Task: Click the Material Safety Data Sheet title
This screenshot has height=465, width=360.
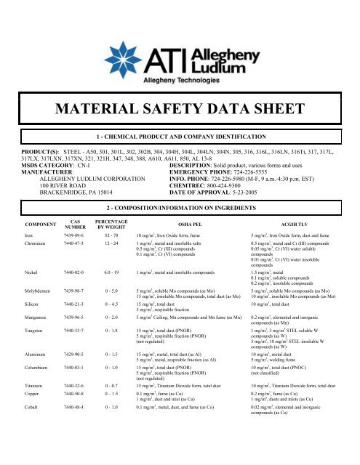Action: pos(180,109)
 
